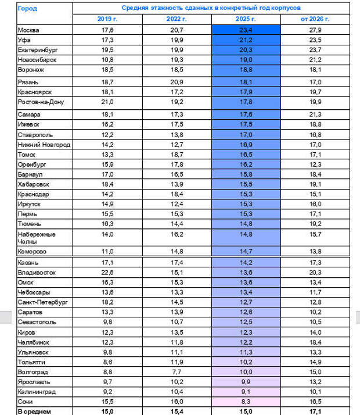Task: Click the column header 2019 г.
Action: pyautogui.click(x=107, y=19)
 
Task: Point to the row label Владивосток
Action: pyautogui.click(x=37, y=272)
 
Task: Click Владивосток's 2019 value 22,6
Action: pyautogui.click(x=107, y=272)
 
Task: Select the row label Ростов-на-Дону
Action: pyautogui.click(x=44, y=102)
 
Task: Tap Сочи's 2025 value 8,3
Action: pyautogui.click(x=246, y=402)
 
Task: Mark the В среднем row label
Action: pyautogui.click(x=35, y=412)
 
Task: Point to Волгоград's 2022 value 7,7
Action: pyautogui.click(x=177, y=372)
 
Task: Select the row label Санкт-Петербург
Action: pyautogui.click(x=43, y=302)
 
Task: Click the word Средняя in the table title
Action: pyautogui.click(x=136, y=8)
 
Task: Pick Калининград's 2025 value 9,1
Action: pyautogui.click(x=246, y=392)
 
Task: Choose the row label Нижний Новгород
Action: pyautogui.click(x=45, y=145)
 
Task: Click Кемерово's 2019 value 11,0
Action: pyautogui.click(x=107, y=251)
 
